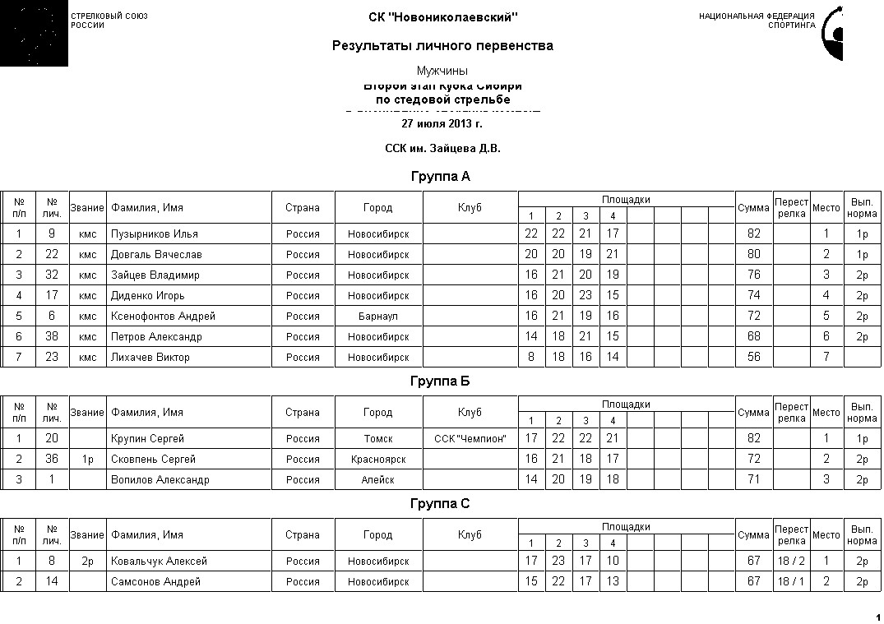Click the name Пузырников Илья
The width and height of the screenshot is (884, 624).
pos(155,234)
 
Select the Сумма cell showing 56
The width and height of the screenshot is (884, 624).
pos(753,358)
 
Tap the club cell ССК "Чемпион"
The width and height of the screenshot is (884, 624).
pos(470,439)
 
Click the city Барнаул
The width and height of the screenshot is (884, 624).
pos(378,317)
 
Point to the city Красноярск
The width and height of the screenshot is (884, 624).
pos(378,460)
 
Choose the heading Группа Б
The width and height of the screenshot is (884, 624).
pos(440,381)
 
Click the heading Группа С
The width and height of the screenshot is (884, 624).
pos(440,504)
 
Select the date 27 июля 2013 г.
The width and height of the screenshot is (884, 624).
pos(442,124)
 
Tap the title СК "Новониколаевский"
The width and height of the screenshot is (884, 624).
pos(442,17)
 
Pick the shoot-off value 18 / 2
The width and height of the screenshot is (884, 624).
pos(791,562)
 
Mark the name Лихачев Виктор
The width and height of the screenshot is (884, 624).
pos(150,358)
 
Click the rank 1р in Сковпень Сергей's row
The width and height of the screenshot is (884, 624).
pos(87,460)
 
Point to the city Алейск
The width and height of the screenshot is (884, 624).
pos(378,480)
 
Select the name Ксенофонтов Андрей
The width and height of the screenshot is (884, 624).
pos(163,317)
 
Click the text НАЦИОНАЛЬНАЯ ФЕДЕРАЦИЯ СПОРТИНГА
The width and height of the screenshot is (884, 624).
pos(757,21)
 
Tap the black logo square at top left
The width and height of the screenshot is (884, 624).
pos(34,33)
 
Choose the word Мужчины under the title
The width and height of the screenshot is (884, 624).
pos(442,71)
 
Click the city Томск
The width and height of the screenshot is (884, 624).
pos(378,439)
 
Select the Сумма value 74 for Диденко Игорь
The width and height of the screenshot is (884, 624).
pos(753,296)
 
